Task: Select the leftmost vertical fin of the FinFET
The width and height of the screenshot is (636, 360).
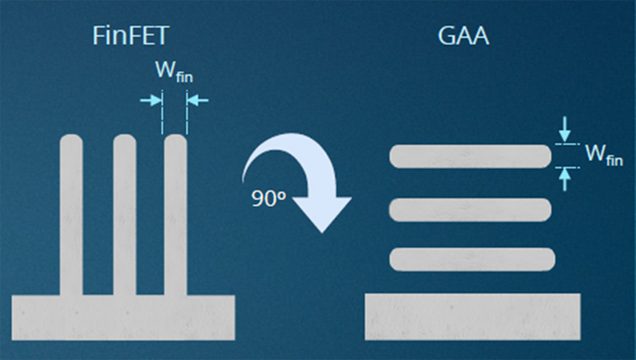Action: [71, 215]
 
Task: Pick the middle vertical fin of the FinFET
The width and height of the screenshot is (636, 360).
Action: [125, 215]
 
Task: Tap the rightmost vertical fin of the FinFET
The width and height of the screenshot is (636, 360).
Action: [175, 215]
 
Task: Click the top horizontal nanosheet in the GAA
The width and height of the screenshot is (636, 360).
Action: [470, 156]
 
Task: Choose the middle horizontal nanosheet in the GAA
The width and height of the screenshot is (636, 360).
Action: [470, 208]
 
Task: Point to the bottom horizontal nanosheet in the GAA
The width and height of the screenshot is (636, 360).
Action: [470, 258]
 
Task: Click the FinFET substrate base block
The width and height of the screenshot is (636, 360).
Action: [125, 317]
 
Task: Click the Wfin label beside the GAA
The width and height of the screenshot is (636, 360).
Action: [603, 155]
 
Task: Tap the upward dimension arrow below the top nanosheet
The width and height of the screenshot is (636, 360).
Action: [564, 176]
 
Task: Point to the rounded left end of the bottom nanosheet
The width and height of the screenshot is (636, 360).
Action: [396, 258]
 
